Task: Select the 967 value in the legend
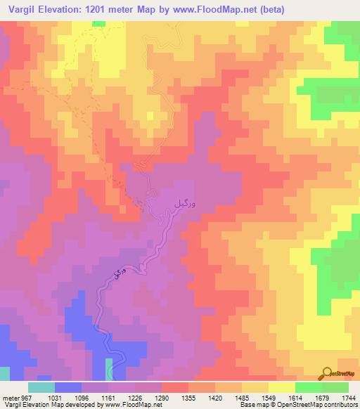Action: (26, 398)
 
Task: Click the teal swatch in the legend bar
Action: (41, 387)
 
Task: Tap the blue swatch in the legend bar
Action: (67, 387)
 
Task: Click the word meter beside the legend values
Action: (10, 398)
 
